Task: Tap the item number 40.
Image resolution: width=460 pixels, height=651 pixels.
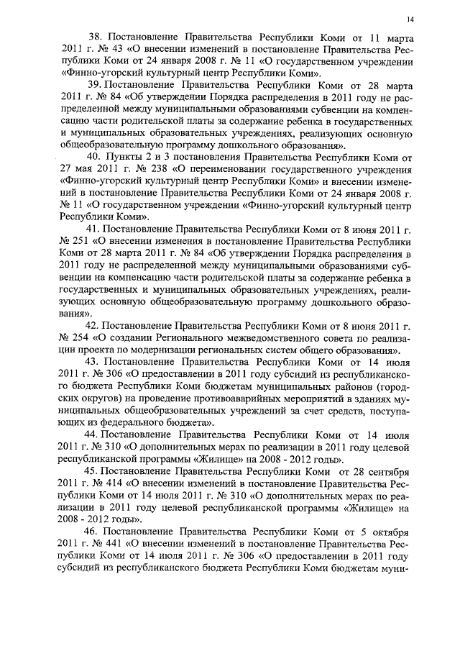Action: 94,175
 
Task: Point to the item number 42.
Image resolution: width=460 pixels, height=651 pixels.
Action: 94,326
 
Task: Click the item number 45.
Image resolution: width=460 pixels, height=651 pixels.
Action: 94,471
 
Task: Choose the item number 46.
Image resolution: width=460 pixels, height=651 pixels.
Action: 95,532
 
